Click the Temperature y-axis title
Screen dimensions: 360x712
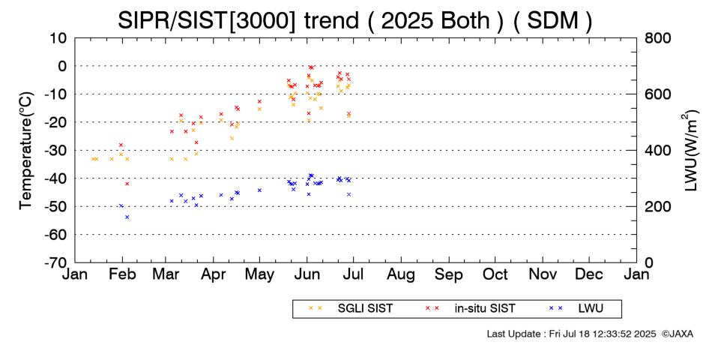click(25, 150)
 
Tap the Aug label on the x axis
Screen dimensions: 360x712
click(401, 274)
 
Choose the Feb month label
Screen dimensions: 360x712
click(123, 274)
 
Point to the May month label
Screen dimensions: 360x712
click(259, 274)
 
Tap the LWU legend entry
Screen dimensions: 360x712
click(589, 308)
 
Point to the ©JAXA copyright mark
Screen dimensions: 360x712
click(678, 334)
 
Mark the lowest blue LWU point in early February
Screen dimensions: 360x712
click(127, 217)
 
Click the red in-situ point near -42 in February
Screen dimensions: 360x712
click(127, 184)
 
